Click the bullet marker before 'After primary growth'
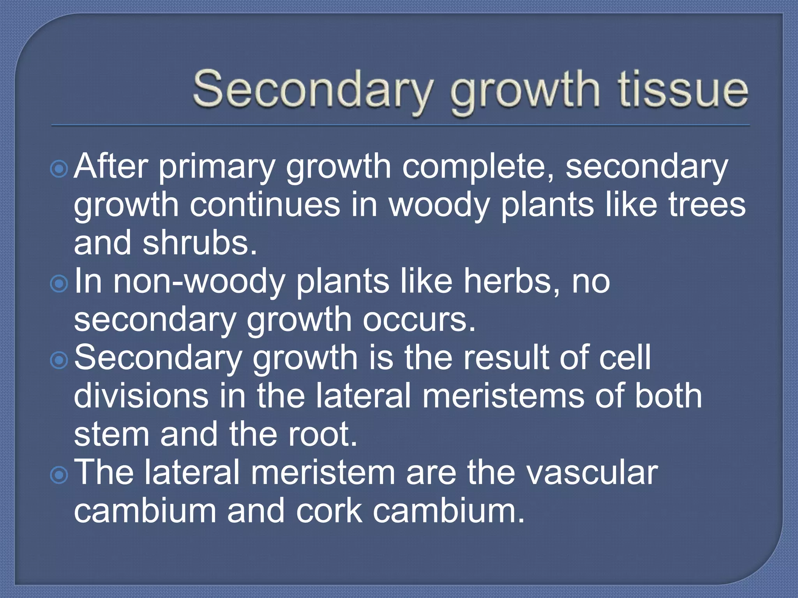pos(59,169)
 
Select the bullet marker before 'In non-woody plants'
pos(59,284)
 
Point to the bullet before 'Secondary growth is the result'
pos(59,361)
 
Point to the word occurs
pos(419,320)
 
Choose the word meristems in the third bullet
pos(503,396)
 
